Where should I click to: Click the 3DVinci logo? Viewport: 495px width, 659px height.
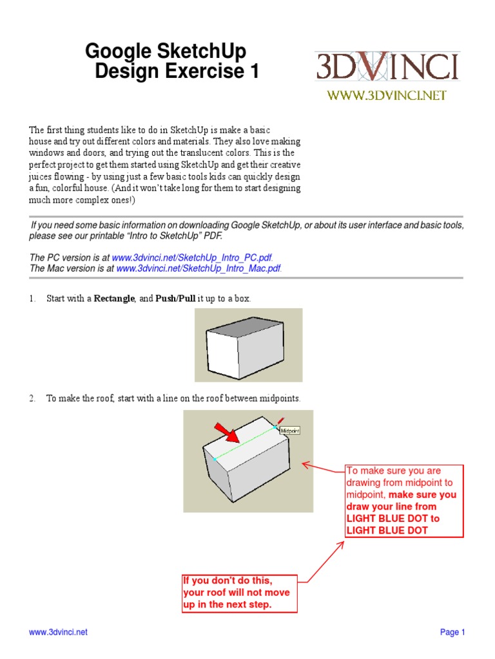(x=387, y=66)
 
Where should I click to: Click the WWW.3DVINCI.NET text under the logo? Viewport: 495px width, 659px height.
(x=387, y=96)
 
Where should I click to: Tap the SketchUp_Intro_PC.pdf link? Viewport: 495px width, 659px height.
(x=188, y=257)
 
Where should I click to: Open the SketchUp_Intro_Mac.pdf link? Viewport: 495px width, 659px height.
(x=199, y=268)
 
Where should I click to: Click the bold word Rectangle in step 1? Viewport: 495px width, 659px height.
(x=115, y=299)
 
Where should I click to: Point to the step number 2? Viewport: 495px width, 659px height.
(x=32, y=398)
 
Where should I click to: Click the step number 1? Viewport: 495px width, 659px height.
(x=32, y=299)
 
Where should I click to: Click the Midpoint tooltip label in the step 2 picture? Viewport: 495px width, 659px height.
(x=291, y=430)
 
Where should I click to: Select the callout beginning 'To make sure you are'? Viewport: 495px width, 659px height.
(x=404, y=501)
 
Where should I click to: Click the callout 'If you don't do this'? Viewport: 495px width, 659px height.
(x=240, y=593)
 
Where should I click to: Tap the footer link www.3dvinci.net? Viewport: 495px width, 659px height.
(x=58, y=632)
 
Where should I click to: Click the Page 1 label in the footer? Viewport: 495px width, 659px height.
(x=452, y=632)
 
